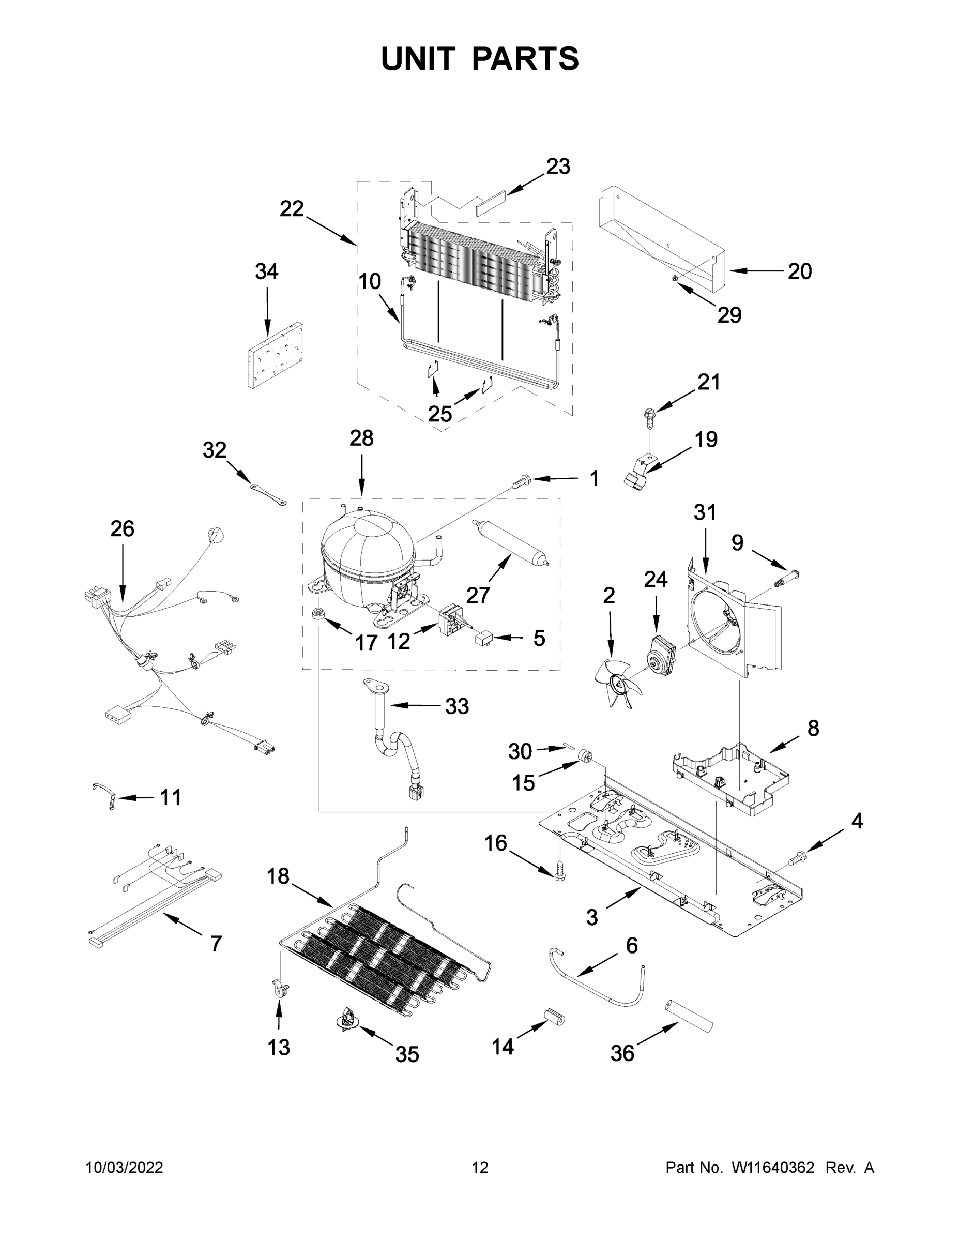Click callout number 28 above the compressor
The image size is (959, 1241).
coord(361,438)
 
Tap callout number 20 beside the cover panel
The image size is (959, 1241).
coord(799,271)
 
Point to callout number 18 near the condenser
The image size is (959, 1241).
coord(278,876)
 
